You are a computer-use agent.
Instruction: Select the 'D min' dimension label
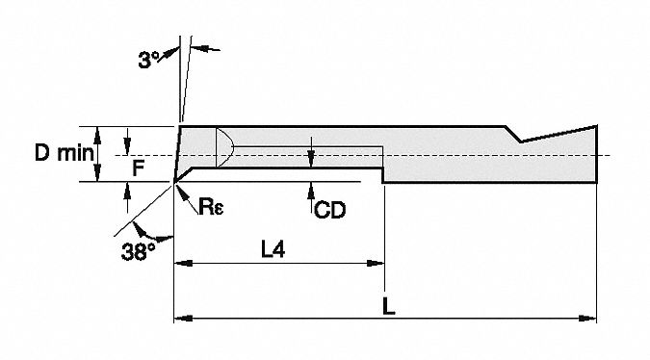61,152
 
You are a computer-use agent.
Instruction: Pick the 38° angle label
138,251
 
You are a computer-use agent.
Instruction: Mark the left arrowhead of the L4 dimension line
180,261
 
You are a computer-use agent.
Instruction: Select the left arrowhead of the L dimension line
180,316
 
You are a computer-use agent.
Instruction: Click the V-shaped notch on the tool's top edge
521,141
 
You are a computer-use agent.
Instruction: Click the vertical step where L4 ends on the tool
383,175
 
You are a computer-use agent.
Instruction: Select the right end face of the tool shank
598,154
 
